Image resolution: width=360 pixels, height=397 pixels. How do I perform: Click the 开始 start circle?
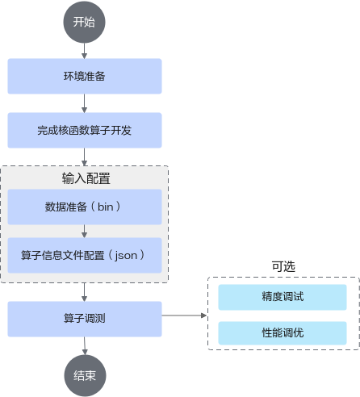[x=84, y=22]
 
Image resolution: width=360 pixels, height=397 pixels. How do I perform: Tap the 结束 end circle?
[x=85, y=375]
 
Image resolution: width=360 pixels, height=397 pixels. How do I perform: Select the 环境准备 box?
[x=85, y=76]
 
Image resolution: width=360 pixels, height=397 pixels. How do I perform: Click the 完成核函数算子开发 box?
[x=85, y=130]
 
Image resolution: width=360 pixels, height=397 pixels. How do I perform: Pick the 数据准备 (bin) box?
[x=85, y=207]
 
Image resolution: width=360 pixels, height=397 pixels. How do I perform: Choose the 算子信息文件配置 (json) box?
[x=85, y=255]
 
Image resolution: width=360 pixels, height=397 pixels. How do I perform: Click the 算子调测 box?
[x=85, y=319]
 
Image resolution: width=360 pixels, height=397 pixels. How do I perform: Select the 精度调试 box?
[x=283, y=297]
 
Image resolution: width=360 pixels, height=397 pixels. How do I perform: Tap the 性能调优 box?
[x=283, y=333]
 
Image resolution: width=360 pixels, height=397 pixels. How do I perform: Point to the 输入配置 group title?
[x=86, y=178]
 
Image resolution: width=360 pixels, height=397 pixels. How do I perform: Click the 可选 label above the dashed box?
[x=283, y=266]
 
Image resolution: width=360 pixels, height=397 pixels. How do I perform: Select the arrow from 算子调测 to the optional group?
[x=184, y=316]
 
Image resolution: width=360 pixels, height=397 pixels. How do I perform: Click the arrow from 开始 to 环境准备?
[x=84, y=51]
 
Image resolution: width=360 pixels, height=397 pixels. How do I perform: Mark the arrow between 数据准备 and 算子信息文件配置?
[x=84, y=231]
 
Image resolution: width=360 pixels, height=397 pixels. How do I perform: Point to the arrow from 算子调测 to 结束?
[x=85, y=346]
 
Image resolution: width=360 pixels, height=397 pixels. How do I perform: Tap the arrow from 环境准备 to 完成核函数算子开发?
[x=84, y=103]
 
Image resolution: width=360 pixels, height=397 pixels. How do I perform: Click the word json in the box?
[x=126, y=256]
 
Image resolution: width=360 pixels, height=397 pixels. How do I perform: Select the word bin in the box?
[x=105, y=207]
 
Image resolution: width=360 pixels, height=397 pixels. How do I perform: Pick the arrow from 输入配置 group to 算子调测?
[x=84, y=292]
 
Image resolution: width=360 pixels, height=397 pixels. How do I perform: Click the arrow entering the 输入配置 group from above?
[x=84, y=157]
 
